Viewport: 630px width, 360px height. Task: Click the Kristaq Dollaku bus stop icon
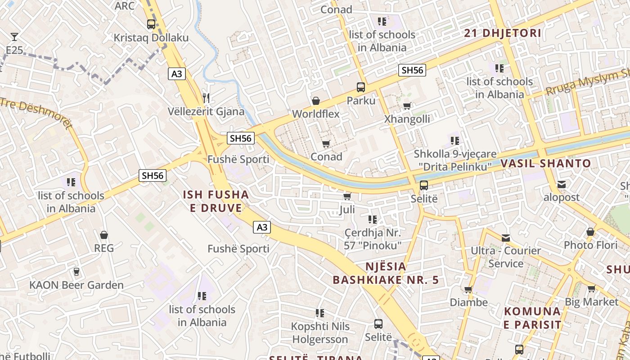coord(151,24)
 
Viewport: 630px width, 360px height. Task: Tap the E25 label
coord(14,50)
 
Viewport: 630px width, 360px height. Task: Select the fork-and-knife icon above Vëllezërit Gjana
coord(206,98)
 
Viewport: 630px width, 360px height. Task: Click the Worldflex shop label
coord(316,114)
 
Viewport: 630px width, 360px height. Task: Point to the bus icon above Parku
coord(361,87)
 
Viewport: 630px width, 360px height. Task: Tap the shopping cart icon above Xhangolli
coord(407,106)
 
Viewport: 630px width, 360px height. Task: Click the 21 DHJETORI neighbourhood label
coord(502,33)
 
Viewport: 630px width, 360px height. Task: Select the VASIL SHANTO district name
coord(545,163)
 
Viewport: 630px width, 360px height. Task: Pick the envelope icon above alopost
coord(562,184)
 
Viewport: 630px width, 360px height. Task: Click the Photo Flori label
coord(590,245)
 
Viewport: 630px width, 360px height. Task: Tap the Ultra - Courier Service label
coord(506,257)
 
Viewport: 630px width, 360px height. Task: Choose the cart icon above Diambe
coord(468,289)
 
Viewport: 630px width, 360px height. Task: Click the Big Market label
coord(592,301)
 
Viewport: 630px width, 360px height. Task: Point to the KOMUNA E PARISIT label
coord(532,318)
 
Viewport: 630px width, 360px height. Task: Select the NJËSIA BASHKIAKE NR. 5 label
coord(386,273)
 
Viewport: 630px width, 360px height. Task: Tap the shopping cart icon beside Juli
coord(347,197)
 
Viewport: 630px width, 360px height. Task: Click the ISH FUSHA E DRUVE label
coord(216,201)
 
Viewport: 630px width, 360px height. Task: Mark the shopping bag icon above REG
coord(104,235)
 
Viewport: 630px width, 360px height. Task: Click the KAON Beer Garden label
coord(76,285)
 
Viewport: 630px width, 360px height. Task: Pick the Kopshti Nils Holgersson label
coord(320,333)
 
